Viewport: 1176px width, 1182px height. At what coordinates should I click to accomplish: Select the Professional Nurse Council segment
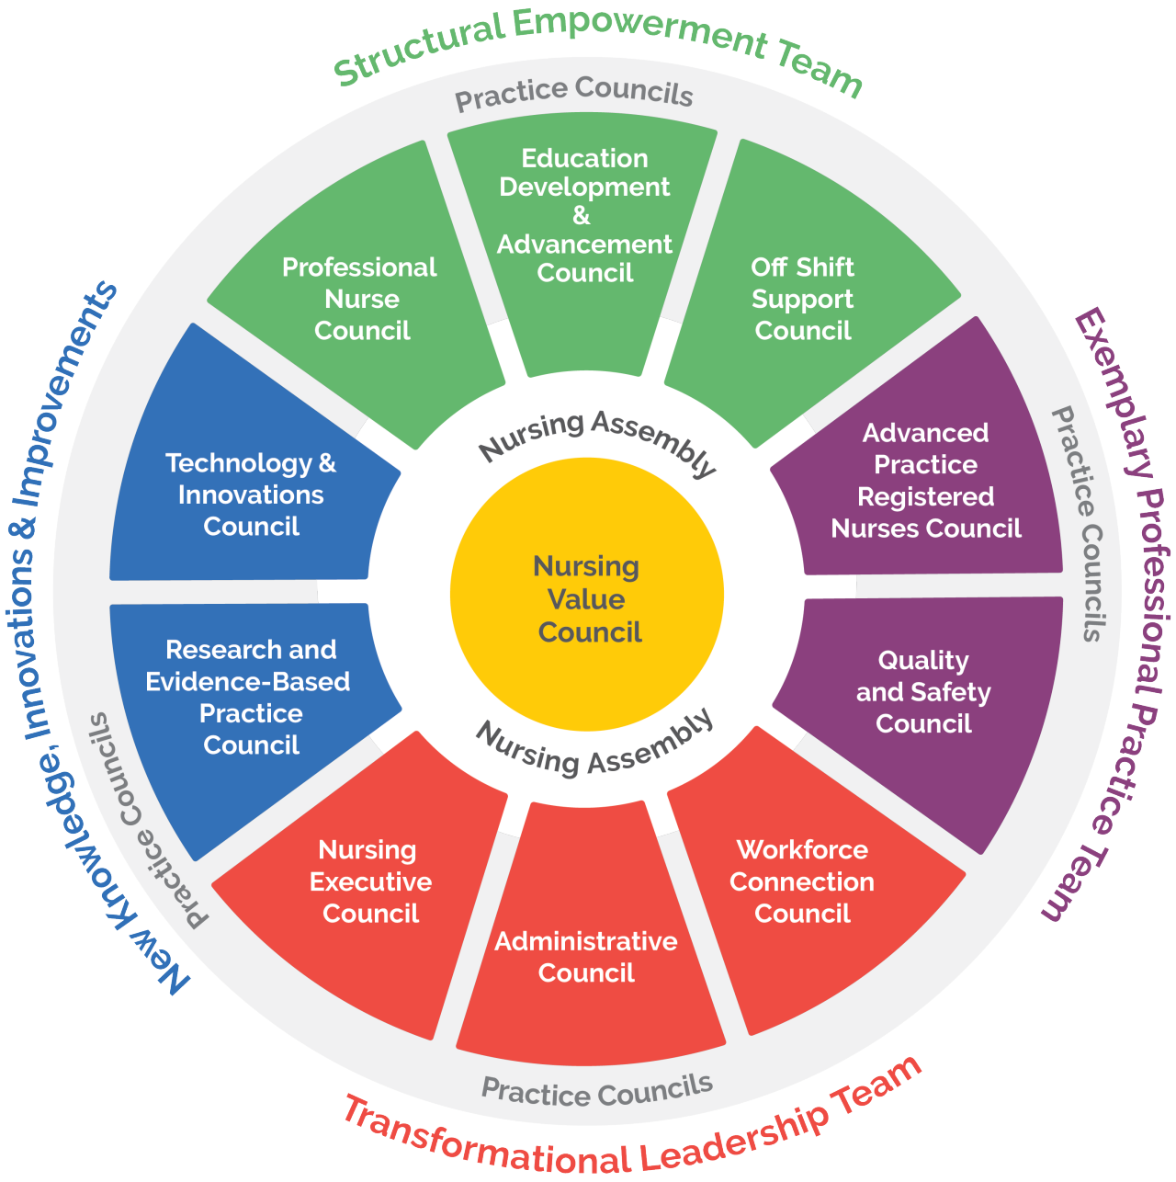[360, 299]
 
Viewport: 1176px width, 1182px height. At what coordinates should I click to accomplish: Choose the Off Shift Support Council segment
[802, 299]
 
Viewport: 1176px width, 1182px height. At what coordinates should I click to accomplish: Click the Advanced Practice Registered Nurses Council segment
[925, 481]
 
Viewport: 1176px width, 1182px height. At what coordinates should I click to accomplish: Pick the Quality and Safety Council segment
[923, 692]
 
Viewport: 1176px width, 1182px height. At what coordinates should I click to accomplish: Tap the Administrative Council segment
[586, 956]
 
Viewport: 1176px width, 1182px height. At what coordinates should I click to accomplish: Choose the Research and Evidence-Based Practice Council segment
[250, 698]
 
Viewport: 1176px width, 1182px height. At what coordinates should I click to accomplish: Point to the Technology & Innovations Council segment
[250, 494]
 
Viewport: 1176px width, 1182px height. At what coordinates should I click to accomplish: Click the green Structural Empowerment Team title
[597, 46]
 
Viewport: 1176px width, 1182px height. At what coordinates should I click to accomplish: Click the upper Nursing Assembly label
[597, 438]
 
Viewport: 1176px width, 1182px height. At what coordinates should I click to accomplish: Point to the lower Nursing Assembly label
[594, 743]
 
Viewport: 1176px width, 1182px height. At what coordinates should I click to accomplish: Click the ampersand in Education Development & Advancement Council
[581, 216]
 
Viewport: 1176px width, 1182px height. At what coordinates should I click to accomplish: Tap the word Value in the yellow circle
[586, 599]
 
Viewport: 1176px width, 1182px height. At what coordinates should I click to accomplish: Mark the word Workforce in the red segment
[802, 849]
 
